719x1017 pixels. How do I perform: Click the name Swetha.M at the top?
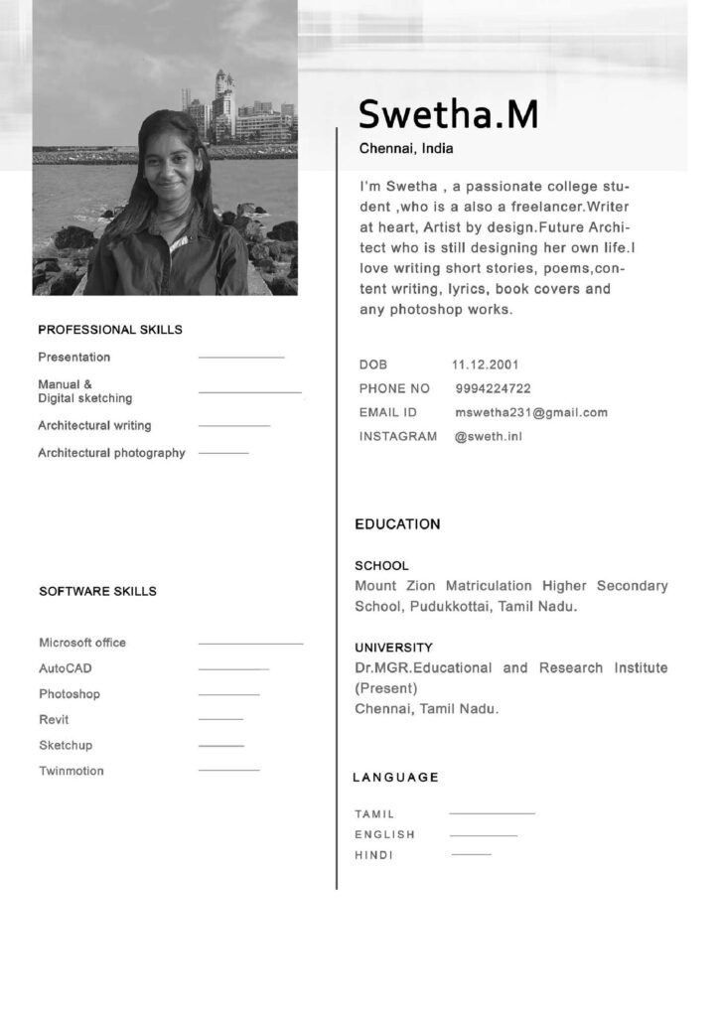(448, 115)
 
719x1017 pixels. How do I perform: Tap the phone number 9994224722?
(493, 388)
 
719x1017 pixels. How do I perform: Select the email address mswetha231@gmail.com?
(531, 412)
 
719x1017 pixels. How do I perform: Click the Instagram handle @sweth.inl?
(488, 436)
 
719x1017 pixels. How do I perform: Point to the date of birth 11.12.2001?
(485, 364)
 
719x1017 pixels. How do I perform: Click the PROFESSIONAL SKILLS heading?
(110, 330)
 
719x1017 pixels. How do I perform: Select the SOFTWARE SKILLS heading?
(97, 591)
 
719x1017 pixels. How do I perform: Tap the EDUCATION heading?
(397, 523)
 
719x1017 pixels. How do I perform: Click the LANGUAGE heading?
(395, 777)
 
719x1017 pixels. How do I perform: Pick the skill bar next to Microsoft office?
(250, 644)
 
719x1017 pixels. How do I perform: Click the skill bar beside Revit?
(220, 719)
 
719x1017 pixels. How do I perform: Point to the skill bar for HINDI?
(471, 854)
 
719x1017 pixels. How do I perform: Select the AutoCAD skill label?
(66, 668)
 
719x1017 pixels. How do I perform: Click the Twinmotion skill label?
(72, 771)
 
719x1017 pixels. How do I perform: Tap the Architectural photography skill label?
(111, 453)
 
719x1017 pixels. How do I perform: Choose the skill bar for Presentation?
(241, 357)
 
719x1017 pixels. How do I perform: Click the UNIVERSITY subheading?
(393, 648)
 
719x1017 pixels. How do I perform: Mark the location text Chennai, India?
(405, 149)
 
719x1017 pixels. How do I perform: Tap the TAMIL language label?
(374, 814)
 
